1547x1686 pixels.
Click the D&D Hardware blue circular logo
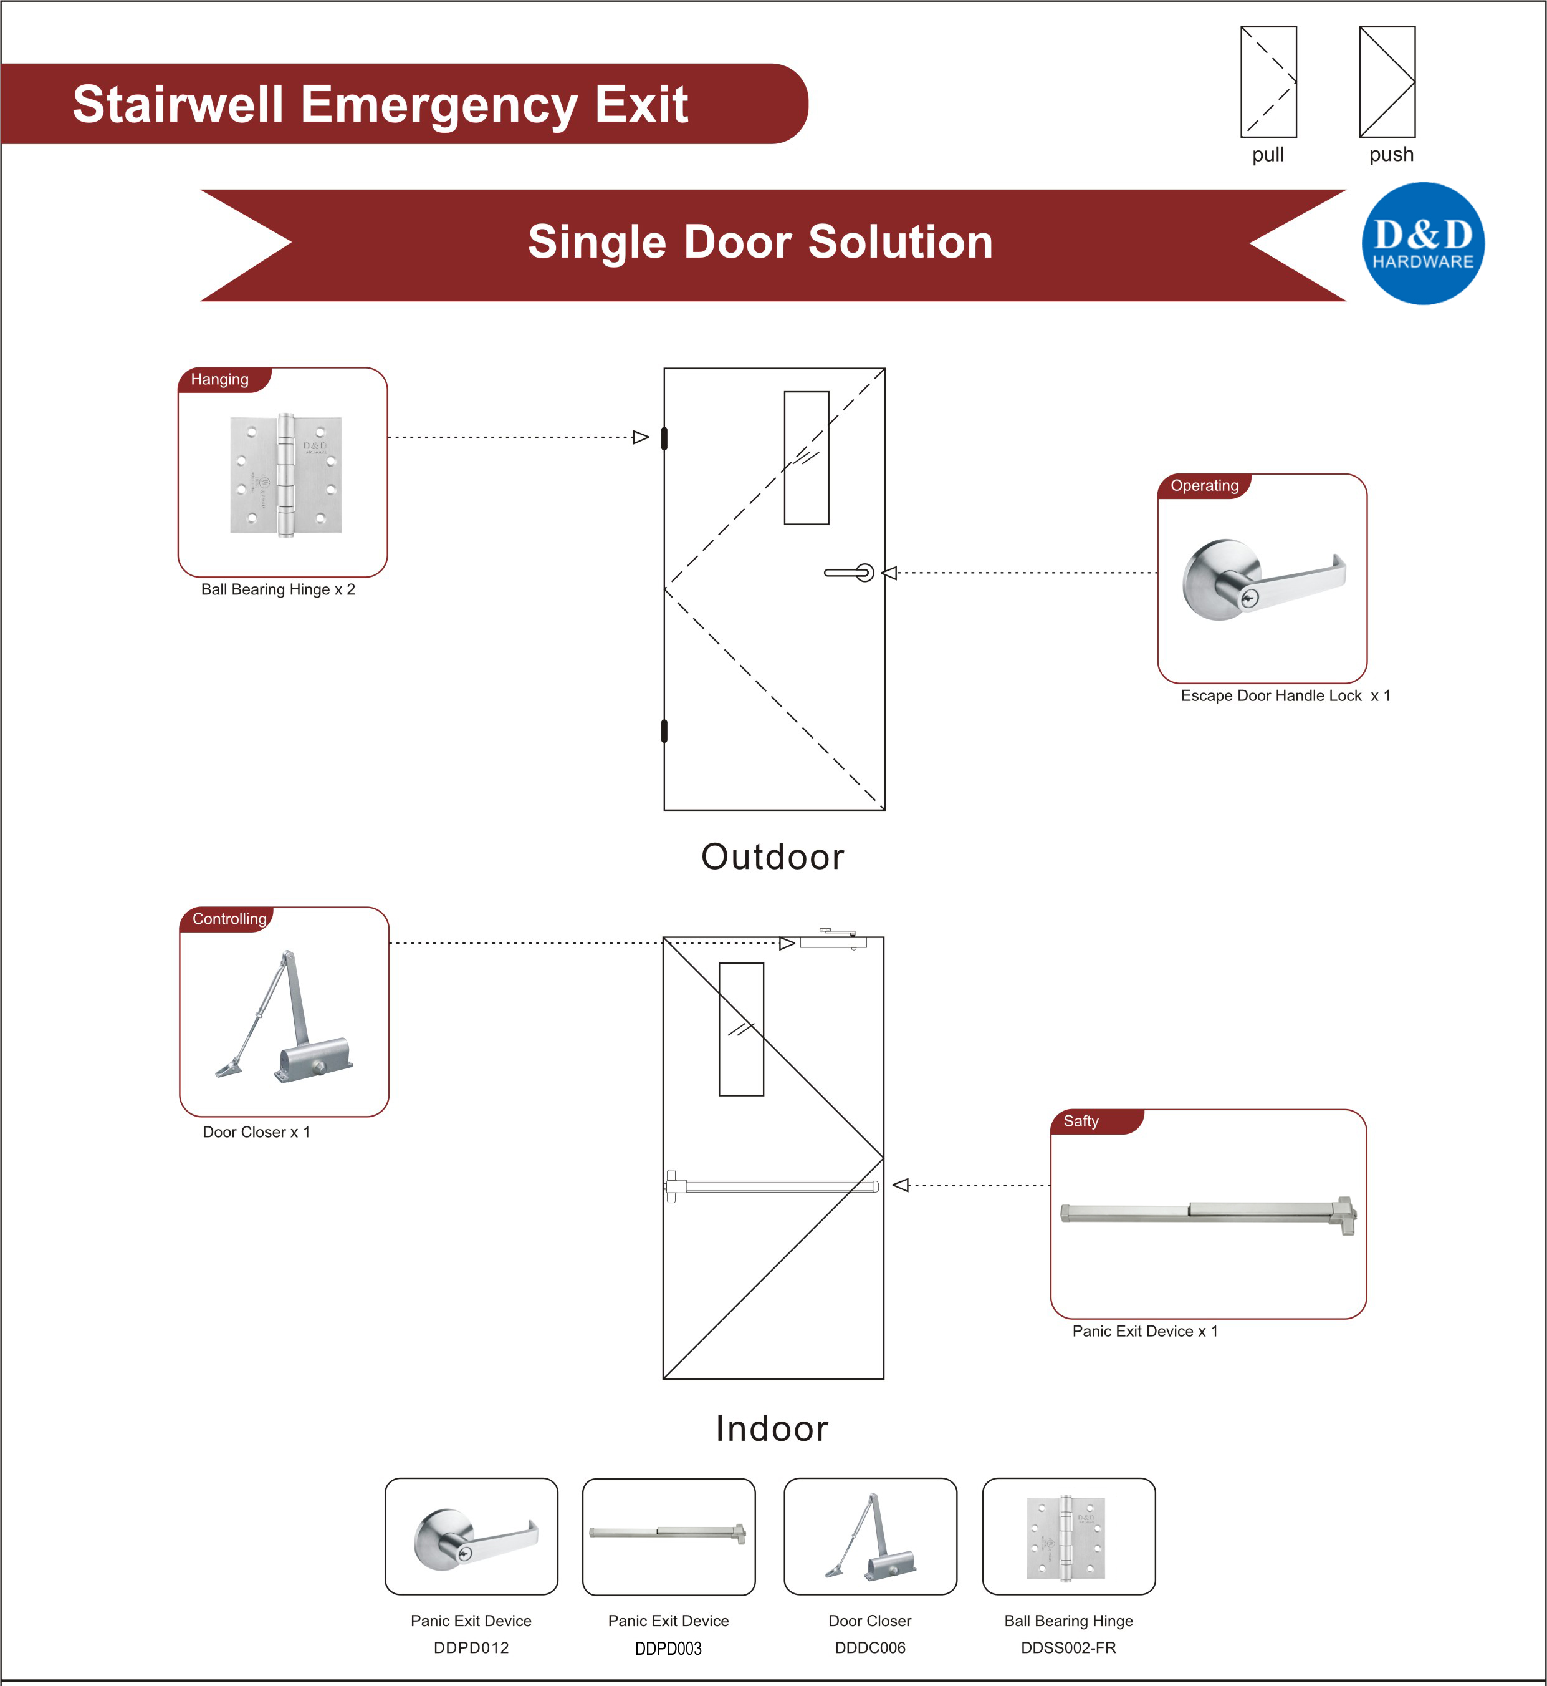(1422, 243)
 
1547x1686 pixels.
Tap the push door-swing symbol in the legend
(1386, 82)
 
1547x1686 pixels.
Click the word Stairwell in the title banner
(178, 105)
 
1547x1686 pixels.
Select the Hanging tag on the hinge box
(220, 379)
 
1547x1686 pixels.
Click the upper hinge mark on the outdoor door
(664, 438)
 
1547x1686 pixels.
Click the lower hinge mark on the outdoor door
(664, 731)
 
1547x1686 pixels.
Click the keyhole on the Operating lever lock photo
(1250, 598)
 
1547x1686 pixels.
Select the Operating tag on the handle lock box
(1204, 486)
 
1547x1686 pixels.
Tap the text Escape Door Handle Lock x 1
(1285, 696)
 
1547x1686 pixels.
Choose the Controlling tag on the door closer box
(229, 919)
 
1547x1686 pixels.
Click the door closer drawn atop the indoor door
(833, 941)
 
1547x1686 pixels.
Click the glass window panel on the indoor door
(741, 1029)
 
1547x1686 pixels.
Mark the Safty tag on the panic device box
(1081, 1122)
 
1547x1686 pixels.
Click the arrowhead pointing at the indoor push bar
(901, 1185)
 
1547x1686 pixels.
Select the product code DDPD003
(668, 1649)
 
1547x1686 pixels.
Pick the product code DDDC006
(869, 1647)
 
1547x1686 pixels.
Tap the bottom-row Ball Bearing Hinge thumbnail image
(1066, 1538)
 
